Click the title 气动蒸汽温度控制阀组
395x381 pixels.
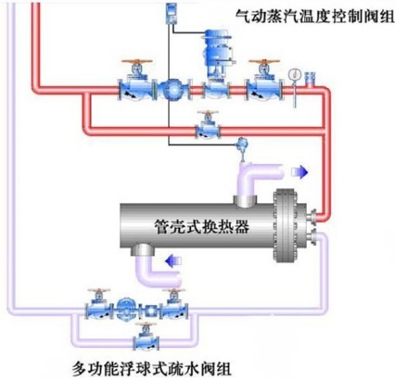pyautogui.click(x=315, y=16)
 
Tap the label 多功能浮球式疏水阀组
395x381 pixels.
pyautogui.click(x=152, y=368)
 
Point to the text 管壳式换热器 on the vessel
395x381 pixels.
pyautogui.click(x=202, y=227)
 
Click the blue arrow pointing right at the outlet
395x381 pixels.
pyautogui.click(x=299, y=172)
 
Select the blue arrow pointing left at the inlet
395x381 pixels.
pyautogui.click(x=174, y=261)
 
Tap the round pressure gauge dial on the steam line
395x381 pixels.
pyautogui.click(x=294, y=73)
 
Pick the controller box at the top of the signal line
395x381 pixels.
pyautogui.click(x=172, y=14)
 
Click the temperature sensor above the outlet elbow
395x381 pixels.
pyautogui.click(x=243, y=148)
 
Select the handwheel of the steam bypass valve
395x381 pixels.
pyautogui.click(x=208, y=112)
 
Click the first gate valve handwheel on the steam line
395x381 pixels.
pyautogui.click(x=137, y=61)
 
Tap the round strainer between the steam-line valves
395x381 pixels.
pyautogui.click(x=172, y=90)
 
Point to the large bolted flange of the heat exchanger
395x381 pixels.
pyautogui.click(x=285, y=225)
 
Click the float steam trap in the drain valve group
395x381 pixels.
pyautogui.click(x=127, y=309)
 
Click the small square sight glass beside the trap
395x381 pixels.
pyautogui.click(x=151, y=311)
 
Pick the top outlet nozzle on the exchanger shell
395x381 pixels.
pyautogui.click(x=245, y=200)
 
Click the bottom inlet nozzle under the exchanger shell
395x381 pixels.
pyautogui.click(x=143, y=249)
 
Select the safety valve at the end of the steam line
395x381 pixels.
pyautogui.click(x=310, y=79)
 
